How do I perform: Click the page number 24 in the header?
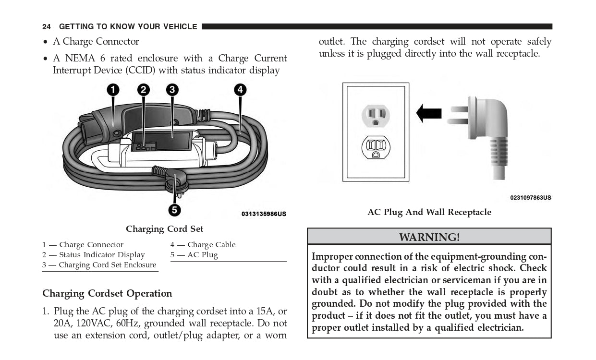click(x=47, y=27)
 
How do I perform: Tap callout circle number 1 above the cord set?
click(x=113, y=89)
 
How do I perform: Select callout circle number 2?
click(x=143, y=89)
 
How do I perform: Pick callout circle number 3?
click(x=172, y=89)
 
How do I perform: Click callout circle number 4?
click(x=240, y=89)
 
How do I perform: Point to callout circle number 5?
click(x=174, y=210)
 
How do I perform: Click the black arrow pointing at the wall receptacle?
click(x=428, y=113)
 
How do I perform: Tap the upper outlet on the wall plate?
click(x=376, y=116)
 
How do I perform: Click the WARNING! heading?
click(x=429, y=237)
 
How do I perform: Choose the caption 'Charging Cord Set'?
click(x=164, y=229)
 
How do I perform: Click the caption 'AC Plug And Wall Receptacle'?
click(x=429, y=212)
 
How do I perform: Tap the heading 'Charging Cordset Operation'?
click(x=107, y=293)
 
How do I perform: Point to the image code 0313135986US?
click(x=264, y=214)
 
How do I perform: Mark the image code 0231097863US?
click(x=530, y=198)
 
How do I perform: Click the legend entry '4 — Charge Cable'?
click(x=203, y=245)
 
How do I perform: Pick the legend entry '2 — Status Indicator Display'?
click(x=93, y=255)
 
